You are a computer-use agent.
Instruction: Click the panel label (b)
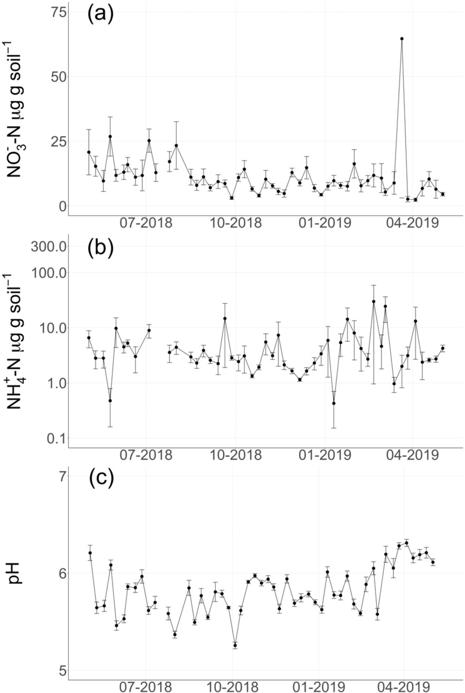coord(100,248)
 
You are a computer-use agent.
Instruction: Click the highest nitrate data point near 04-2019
coord(402,39)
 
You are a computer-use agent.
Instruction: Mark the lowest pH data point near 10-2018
coord(235,645)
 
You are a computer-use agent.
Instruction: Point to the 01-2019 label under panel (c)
coord(319,687)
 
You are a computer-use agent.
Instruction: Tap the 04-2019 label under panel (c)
coord(404,687)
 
